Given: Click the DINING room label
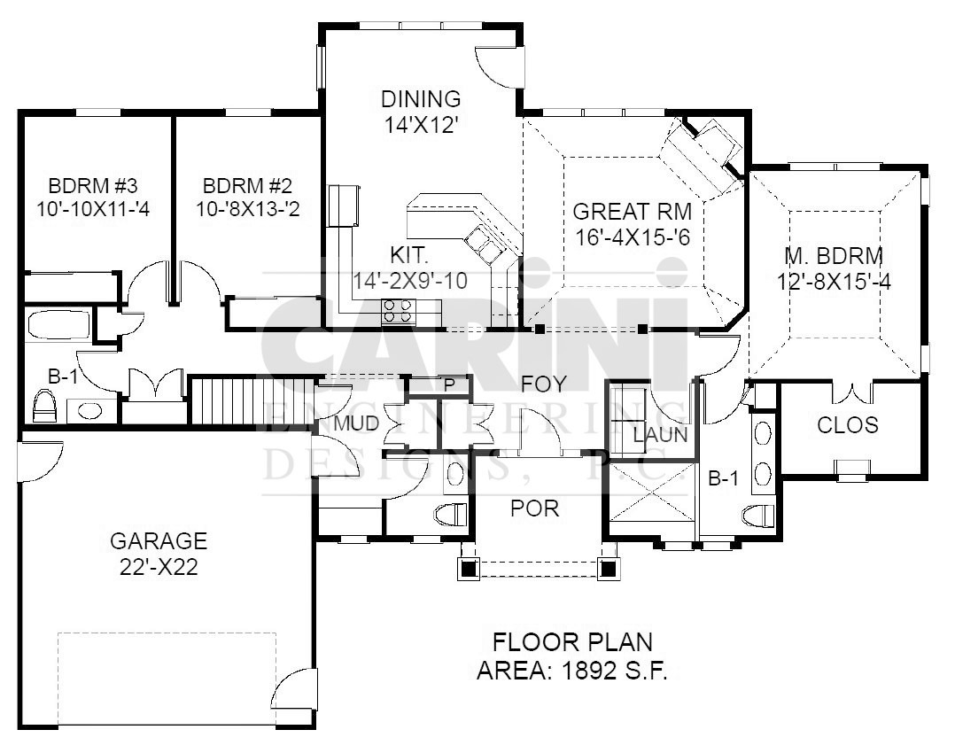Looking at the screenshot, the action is coord(420,98).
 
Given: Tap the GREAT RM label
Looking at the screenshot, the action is coord(633,212).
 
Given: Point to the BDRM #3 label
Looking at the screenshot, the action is coord(92,185).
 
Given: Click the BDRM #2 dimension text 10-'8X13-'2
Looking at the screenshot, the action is coord(247,209).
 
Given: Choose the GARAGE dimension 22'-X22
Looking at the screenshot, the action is coord(159,567).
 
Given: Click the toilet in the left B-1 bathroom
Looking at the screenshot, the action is coord(44,407).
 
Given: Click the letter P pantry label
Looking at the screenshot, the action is coord(449,385).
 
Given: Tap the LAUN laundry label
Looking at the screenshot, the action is coord(660,435).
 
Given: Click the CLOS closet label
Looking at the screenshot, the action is coord(847,424).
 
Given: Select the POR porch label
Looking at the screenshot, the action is coord(535,508).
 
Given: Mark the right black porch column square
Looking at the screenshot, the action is coord(607,569).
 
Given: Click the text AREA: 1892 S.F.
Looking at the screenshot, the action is coord(572,671).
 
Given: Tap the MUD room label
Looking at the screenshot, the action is coord(357,423).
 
